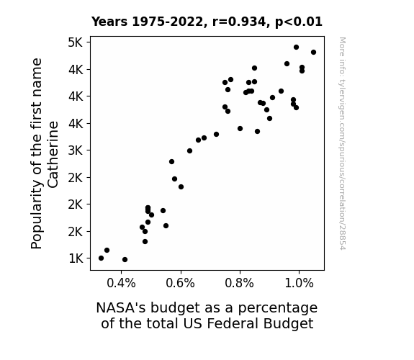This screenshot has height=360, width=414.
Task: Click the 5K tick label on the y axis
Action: coord(76,42)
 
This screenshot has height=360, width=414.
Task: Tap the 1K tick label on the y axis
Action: coord(76,258)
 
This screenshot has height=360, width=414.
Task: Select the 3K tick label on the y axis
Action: coord(76,150)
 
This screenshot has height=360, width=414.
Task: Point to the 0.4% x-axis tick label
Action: coord(121,284)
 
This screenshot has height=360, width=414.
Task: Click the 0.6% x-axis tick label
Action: coord(180,284)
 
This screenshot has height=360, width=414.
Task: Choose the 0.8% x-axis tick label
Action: coord(240,284)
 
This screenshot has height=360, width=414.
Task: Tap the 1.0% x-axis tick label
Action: coord(299,284)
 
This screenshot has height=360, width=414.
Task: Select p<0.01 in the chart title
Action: coord(299,22)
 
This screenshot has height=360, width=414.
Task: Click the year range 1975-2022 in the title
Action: coord(167,22)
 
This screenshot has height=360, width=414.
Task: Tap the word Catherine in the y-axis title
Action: coord(53,155)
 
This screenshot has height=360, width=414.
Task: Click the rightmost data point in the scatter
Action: coord(313,53)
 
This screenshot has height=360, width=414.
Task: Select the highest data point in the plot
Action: coord(296,48)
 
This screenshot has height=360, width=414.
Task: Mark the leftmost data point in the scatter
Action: coord(101,258)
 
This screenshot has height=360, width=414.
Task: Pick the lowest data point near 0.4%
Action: coord(125,260)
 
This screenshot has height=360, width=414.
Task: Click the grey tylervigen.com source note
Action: coord(343,143)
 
